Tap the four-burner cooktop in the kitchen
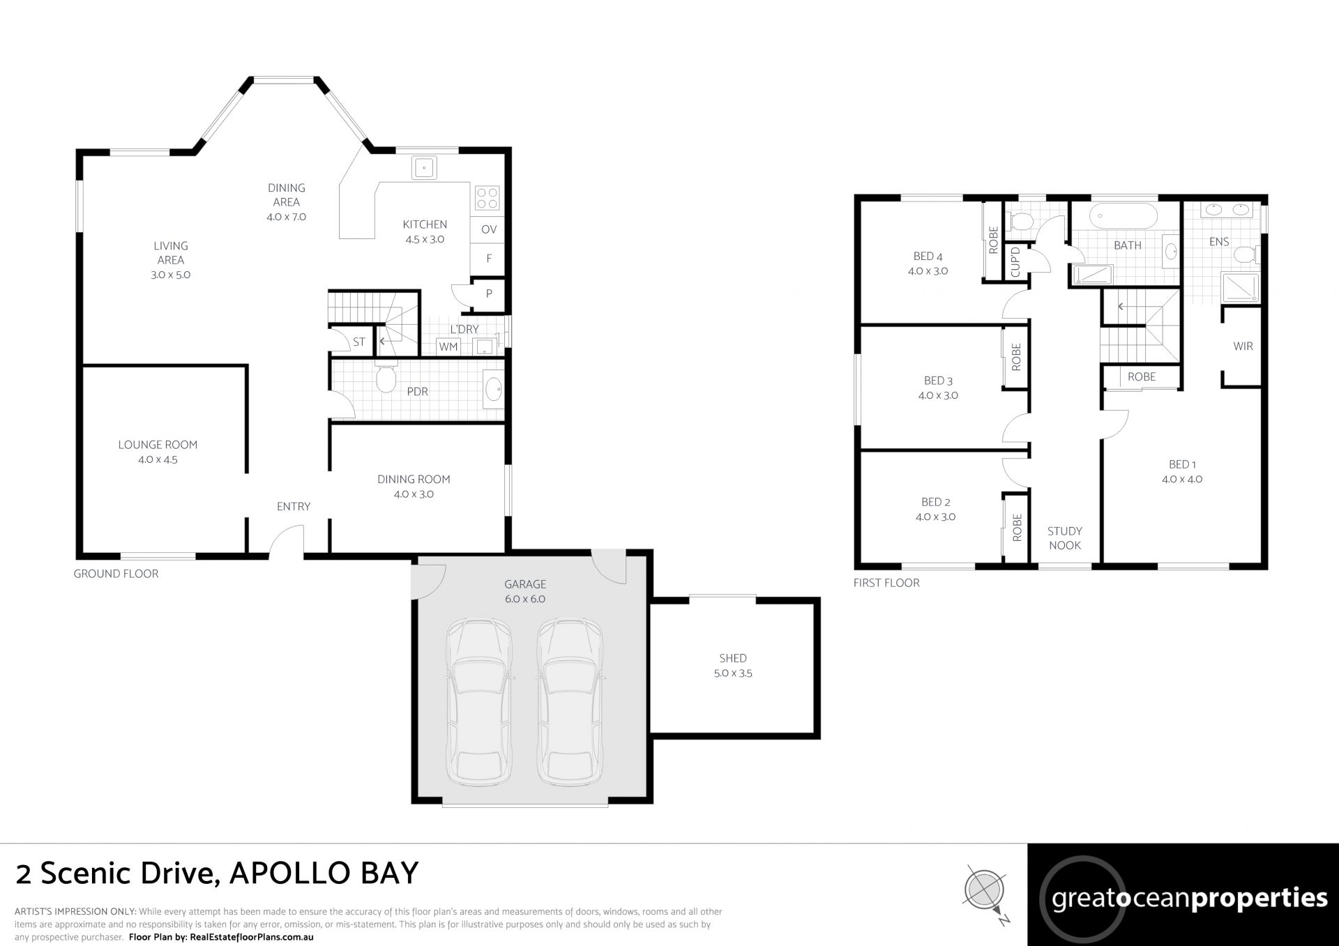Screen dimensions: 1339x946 [x=486, y=198]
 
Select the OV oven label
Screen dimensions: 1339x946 [x=489, y=229]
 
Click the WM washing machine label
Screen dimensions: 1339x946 [x=448, y=346]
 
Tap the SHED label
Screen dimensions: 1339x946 [x=733, y=658]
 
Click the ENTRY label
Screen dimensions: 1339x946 [x=294, y=506]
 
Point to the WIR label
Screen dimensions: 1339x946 [x=1243, y=346]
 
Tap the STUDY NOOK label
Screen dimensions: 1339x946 [x=1064, y=538]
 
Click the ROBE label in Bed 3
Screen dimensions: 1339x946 [x=1015, y=357]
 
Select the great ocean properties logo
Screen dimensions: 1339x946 [x=1183, y=894]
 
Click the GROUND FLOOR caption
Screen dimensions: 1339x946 [x=116, y=574]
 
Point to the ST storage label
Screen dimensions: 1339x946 [x=359, y=342]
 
